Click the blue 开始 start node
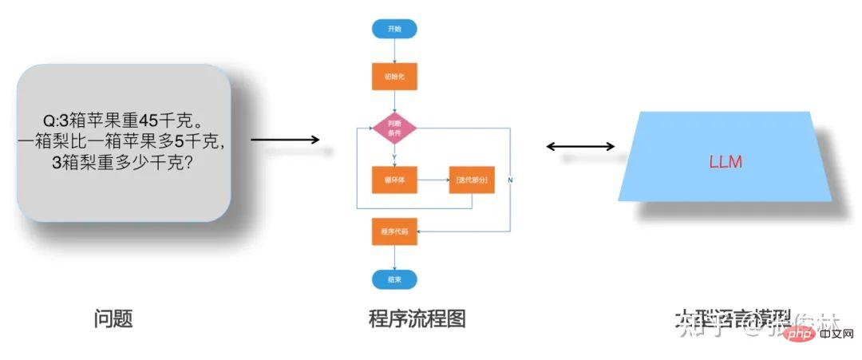pyautogui.click(x=394, y=29)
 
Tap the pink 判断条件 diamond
pyautogui.click(x=394, y=128)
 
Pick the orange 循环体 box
pyautogui.click(x=394, y=180)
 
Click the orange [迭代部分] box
pyautogui.click(x=471, y=180)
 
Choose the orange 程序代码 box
pyautogui.click(x=394, y=231)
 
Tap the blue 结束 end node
pyautogui.click(x=394, y=279)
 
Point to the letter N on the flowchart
pyautogui.click(x=510, y=180)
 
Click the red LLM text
pyautogui.click(x=726, y=162)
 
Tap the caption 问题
pyautogui.click(x=113, y=320)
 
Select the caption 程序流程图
pyautogui.click(x=417, y=320)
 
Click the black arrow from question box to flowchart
pyautogui.click(x=285, y=140)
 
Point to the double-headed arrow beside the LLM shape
pyautogui.click(x=580, y=146)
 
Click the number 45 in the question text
pyautogui.click(x=149, y=121)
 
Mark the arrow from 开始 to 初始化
pyautogui.click(x=394, y=50)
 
